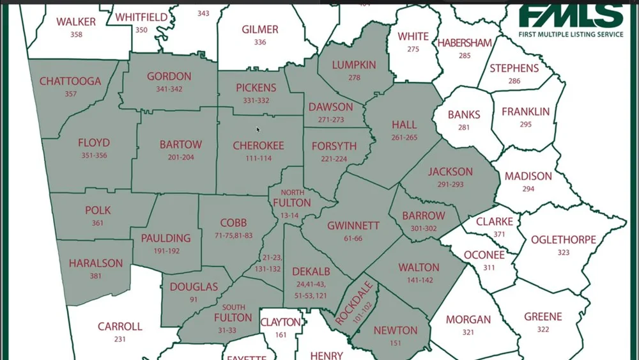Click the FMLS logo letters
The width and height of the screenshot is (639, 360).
pyautogui.click(x=571, y=15)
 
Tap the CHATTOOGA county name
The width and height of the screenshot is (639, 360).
pyautogui.click(x=70, y=81)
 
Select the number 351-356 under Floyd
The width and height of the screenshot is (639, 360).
pyautogui.click(x=94, y=155)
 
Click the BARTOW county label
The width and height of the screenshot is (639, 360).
pyautogui.click(x=181, y=145)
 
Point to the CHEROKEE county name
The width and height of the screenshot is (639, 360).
pyautogui.click(x=258, y=146)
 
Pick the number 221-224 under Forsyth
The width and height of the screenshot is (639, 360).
pyautogui.click(x=334, y=159)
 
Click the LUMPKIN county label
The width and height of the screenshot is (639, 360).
pyautogui.click(x=355, y=65)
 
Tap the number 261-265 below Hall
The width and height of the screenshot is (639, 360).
pyautogui.click(x=404, y=137)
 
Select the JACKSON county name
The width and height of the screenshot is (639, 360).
pyautogui.click(x=450, y=171)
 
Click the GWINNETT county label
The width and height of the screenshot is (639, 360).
pyautogui.click(x=353, y=226)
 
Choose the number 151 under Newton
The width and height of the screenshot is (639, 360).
pyautogui.click(x=394, y=343)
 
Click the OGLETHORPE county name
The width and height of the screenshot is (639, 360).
pyautogui.click(x=564, y=240)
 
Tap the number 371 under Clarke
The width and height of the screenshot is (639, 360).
pyautogui.click(x=498, y=235)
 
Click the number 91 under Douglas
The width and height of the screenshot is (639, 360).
pyautogui.click(x=193, y=299)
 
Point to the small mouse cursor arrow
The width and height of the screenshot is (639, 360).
pyautogui.click(x=258, y=130)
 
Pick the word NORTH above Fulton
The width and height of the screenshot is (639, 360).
pyautogui.click(x=292, y=192)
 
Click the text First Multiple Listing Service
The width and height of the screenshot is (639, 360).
pyautogui.click(x=571, y=34)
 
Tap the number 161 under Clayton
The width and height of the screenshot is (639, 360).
pyautogui.click(x=281, y=335)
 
